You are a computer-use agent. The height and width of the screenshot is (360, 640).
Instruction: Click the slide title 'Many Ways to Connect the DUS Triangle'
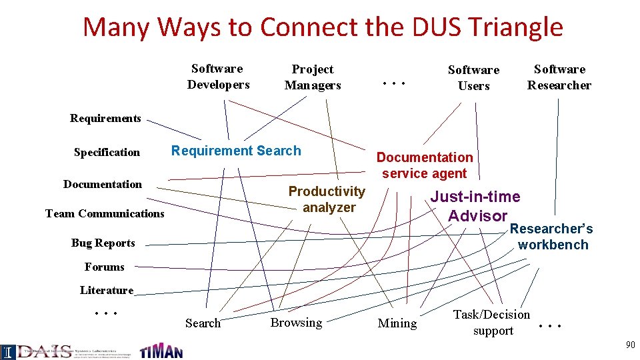click(323, 27)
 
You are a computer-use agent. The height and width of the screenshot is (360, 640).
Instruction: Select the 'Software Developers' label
click(218, 77)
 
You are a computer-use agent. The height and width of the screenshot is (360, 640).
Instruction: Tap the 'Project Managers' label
click(313, 77)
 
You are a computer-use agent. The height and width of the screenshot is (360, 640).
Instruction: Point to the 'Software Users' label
click(473, 78)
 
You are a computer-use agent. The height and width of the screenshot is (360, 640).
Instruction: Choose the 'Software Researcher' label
click(559, 77)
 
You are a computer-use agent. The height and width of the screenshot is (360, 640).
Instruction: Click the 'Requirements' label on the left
click(105, 119)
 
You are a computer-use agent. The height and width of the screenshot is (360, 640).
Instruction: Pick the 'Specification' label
click(107, 153)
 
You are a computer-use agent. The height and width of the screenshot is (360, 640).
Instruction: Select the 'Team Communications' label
click(105, 214)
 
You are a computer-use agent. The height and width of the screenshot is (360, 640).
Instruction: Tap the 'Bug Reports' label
click(103, 243)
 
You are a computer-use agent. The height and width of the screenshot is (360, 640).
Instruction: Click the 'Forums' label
click(104, 267)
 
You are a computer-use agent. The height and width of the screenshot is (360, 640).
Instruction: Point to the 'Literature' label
click(106, 291)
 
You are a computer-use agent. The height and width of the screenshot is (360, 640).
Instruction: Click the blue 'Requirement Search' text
click(236, 151)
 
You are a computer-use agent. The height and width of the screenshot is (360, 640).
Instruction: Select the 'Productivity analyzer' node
click(327, 199)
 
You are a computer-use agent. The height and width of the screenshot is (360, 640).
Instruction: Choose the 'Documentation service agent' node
click(425, 165)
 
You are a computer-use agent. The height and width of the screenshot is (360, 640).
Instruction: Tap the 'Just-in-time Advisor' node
click(476, 206)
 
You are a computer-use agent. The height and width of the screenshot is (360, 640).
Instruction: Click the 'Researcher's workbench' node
click(552, 237)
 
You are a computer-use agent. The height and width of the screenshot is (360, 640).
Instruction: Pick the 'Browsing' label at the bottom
click(296, 323)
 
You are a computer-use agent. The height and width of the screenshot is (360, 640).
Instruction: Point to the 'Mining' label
click(397, 323)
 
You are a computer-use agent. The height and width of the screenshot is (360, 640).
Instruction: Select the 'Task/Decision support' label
click(492, 323)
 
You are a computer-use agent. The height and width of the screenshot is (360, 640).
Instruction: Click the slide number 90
click(630, 345)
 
